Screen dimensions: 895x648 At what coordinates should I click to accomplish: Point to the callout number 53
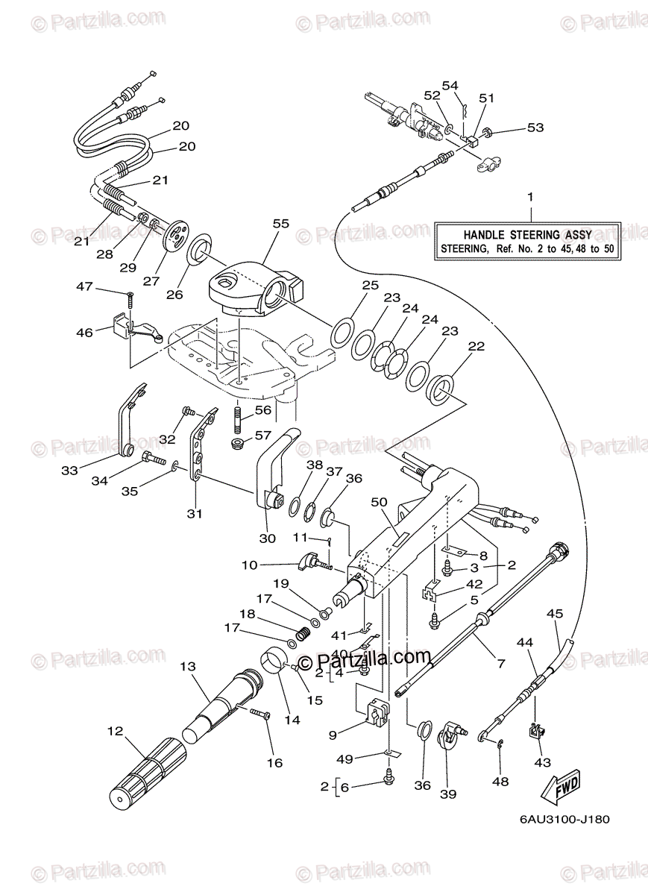[535, 128]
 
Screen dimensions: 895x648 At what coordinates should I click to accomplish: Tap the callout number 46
[85, 333]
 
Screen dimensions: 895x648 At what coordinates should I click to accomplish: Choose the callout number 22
[476, 346]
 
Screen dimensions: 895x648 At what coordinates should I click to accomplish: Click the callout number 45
[554, 614]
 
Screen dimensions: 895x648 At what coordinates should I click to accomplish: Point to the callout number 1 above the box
[530, 197]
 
